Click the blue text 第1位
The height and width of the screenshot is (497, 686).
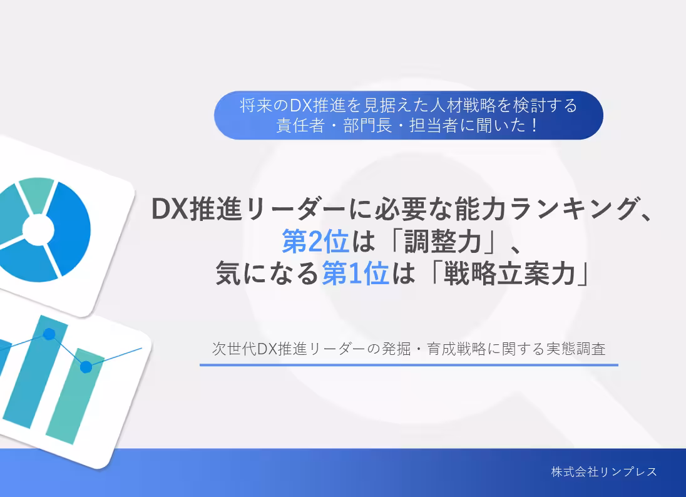[x=355, y=274]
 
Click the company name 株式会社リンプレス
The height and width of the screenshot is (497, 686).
[x=604, y=471]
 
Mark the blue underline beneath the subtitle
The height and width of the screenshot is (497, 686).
[x=409, y=365]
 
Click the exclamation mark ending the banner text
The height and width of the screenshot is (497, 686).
[x=534, y=125]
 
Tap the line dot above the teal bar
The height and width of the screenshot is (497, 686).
[x=86, y=367]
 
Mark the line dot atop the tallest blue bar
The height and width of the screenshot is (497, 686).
[x=49, y=334]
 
